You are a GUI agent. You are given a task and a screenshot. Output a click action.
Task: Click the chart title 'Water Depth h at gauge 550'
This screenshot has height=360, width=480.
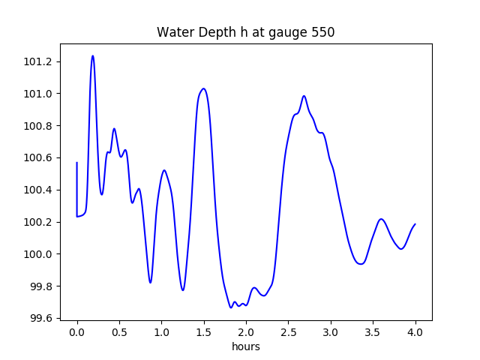click(245, 33)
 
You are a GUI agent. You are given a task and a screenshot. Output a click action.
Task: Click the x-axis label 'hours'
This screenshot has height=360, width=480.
click(246, 347)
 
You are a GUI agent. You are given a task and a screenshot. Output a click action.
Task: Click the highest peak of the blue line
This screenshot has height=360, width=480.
click(93, 55)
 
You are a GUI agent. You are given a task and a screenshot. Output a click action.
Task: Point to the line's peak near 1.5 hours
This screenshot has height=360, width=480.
click(202, 88)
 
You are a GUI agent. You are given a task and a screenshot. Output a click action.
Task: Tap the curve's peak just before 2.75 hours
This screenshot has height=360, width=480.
click(304, 96)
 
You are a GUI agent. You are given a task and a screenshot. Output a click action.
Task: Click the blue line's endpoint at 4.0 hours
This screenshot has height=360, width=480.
click(415, 224)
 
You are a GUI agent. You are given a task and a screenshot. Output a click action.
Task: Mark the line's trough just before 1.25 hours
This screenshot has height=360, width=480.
click(182, 289)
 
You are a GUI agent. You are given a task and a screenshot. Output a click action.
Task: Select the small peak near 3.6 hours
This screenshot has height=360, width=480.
click(381, 219)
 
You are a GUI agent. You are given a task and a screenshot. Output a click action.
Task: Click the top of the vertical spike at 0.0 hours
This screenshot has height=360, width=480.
click(77, 163)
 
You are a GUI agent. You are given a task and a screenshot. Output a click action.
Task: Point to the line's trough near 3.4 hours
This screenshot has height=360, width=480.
click(361, 264)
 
